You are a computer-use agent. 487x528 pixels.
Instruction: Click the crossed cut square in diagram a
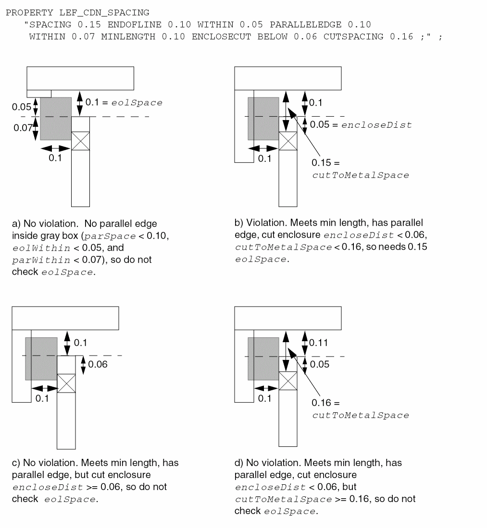(80, 141)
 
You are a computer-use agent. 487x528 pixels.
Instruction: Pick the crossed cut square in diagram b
(288, 141)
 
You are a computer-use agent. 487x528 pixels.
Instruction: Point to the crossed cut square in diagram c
(66, 383)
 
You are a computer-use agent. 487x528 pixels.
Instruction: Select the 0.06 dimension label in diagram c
(98, 364)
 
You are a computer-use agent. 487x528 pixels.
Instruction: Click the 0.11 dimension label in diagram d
(318, 343)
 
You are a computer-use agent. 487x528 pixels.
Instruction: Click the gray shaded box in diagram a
(55, 119)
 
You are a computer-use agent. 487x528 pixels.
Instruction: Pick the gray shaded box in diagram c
(41, 358)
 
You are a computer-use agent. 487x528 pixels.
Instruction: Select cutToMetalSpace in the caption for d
(271, 499)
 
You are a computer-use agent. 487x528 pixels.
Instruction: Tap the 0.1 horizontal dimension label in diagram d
(264, 398)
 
